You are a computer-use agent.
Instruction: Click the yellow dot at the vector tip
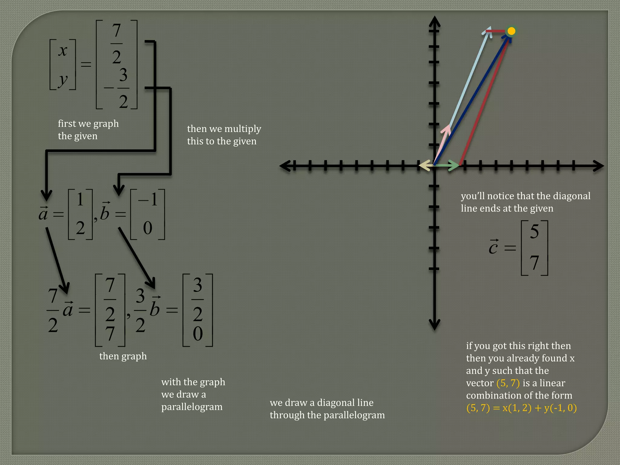coord(511,31)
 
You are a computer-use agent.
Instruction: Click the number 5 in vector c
coord(534,232)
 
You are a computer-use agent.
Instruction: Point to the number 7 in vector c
coord(534,262)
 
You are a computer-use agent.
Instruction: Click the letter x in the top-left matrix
coord(63,51)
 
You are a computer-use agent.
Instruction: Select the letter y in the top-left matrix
coord(63,80)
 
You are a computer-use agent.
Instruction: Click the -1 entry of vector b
coord(148,200)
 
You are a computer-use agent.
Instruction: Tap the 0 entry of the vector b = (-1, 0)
coord(147,228)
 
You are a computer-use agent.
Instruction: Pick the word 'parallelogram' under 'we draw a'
coord(192,407)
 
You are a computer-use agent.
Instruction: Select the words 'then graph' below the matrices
coord(123,356)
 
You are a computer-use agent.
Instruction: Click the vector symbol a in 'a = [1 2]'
coord(43,214)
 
